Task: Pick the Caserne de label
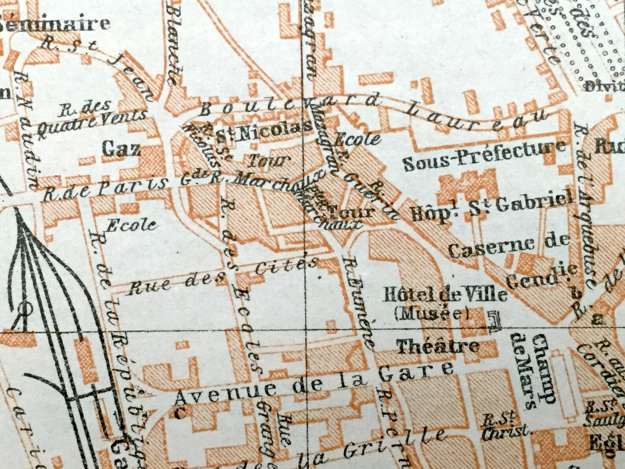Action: pos(509,246)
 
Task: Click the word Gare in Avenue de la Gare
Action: pos(421,371)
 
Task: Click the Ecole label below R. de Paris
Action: pos(131,225)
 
